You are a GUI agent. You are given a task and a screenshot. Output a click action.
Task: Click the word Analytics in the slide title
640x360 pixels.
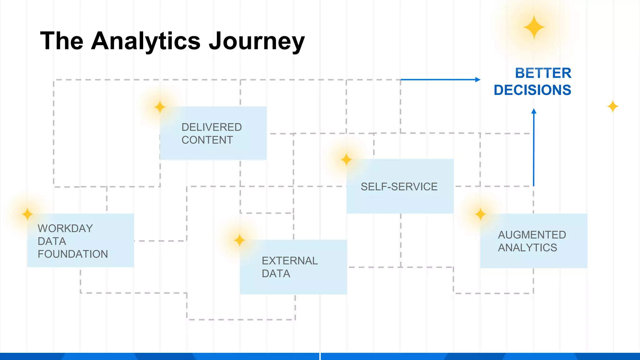tap(146, 41)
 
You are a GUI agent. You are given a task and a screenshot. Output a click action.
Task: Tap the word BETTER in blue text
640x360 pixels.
tap(543, 73)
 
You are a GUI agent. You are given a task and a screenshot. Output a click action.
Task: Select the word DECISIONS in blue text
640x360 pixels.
tap(532, 90)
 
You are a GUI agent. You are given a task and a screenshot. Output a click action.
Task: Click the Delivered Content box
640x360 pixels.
tap(213, 133)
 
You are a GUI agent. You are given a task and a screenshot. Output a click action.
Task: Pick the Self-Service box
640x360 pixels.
tap(400, 186)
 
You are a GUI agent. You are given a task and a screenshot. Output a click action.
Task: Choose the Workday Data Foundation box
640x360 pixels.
tap(81, 241)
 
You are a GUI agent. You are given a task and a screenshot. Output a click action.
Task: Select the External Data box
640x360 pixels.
tap(293, 267)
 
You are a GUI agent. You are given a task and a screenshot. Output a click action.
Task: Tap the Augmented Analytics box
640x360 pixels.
tap(534, 241)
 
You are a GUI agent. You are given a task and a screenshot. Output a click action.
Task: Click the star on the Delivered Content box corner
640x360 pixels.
tap(160, 107)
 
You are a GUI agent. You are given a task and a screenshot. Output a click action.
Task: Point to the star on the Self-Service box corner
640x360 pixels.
tap(346, 160)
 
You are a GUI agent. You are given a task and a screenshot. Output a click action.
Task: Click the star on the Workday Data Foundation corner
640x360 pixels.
tap(27, 214)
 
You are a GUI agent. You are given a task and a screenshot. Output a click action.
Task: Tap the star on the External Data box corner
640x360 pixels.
tap(239, 240)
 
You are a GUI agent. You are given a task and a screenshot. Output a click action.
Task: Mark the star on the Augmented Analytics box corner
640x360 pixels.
tap(480, 214)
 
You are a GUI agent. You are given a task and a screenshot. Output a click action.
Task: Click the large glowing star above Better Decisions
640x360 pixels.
tap(534, 27)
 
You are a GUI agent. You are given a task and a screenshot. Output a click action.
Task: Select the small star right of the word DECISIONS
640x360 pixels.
tap(612, 107)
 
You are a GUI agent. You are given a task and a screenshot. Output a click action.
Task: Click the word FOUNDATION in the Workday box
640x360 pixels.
tap(73, 254)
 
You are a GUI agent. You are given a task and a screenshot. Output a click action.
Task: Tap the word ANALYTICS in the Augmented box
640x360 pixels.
tap(527, 247)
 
